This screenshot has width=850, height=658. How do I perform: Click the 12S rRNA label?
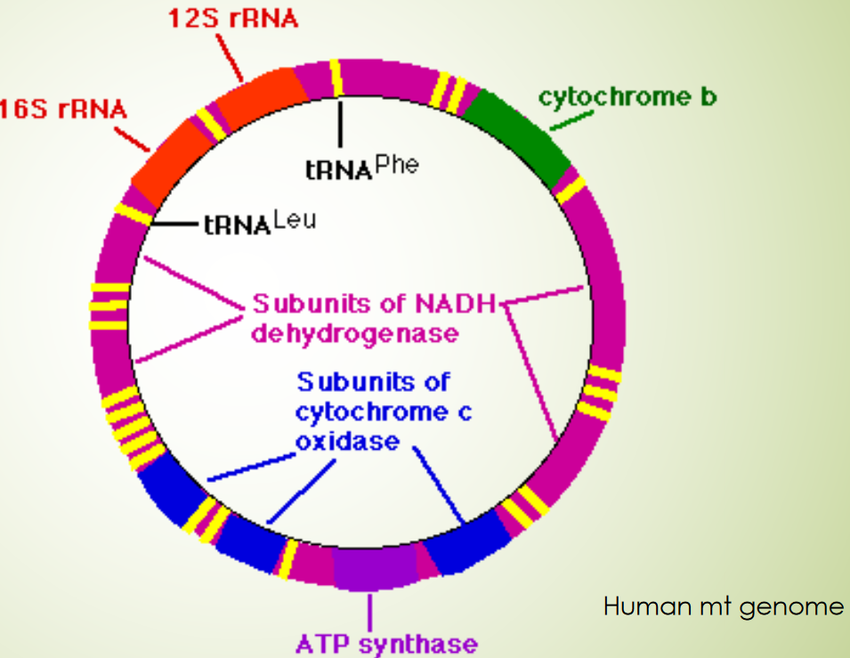point(233,19)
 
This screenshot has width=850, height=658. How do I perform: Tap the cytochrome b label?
point(627,97)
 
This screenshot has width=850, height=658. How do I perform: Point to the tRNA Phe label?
point(360,167)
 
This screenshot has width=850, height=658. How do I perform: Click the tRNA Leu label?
point(259,223)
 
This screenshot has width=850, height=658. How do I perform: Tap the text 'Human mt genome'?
point(723,607)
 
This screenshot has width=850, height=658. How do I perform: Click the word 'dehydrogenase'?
point(354,334)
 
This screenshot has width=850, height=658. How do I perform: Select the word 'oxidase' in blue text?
point(347,441)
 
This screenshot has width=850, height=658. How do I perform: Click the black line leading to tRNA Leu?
point(174,224)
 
